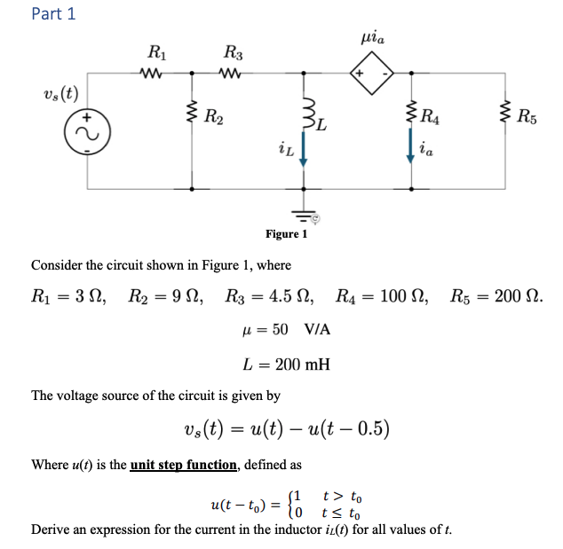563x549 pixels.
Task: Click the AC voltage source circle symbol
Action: click(x=87, y=130)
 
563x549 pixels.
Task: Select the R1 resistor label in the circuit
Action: click(x=155, y=53)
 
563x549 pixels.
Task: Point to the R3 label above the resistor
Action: click(x=233, y=53)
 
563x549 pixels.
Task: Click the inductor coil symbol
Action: click(x=304, y=113)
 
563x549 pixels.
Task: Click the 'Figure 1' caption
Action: click(x=286, y=234)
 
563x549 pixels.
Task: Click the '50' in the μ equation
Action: click(x=280, y=329)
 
